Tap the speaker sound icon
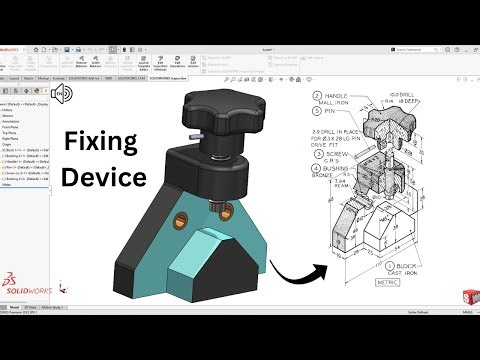click(62, 95)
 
